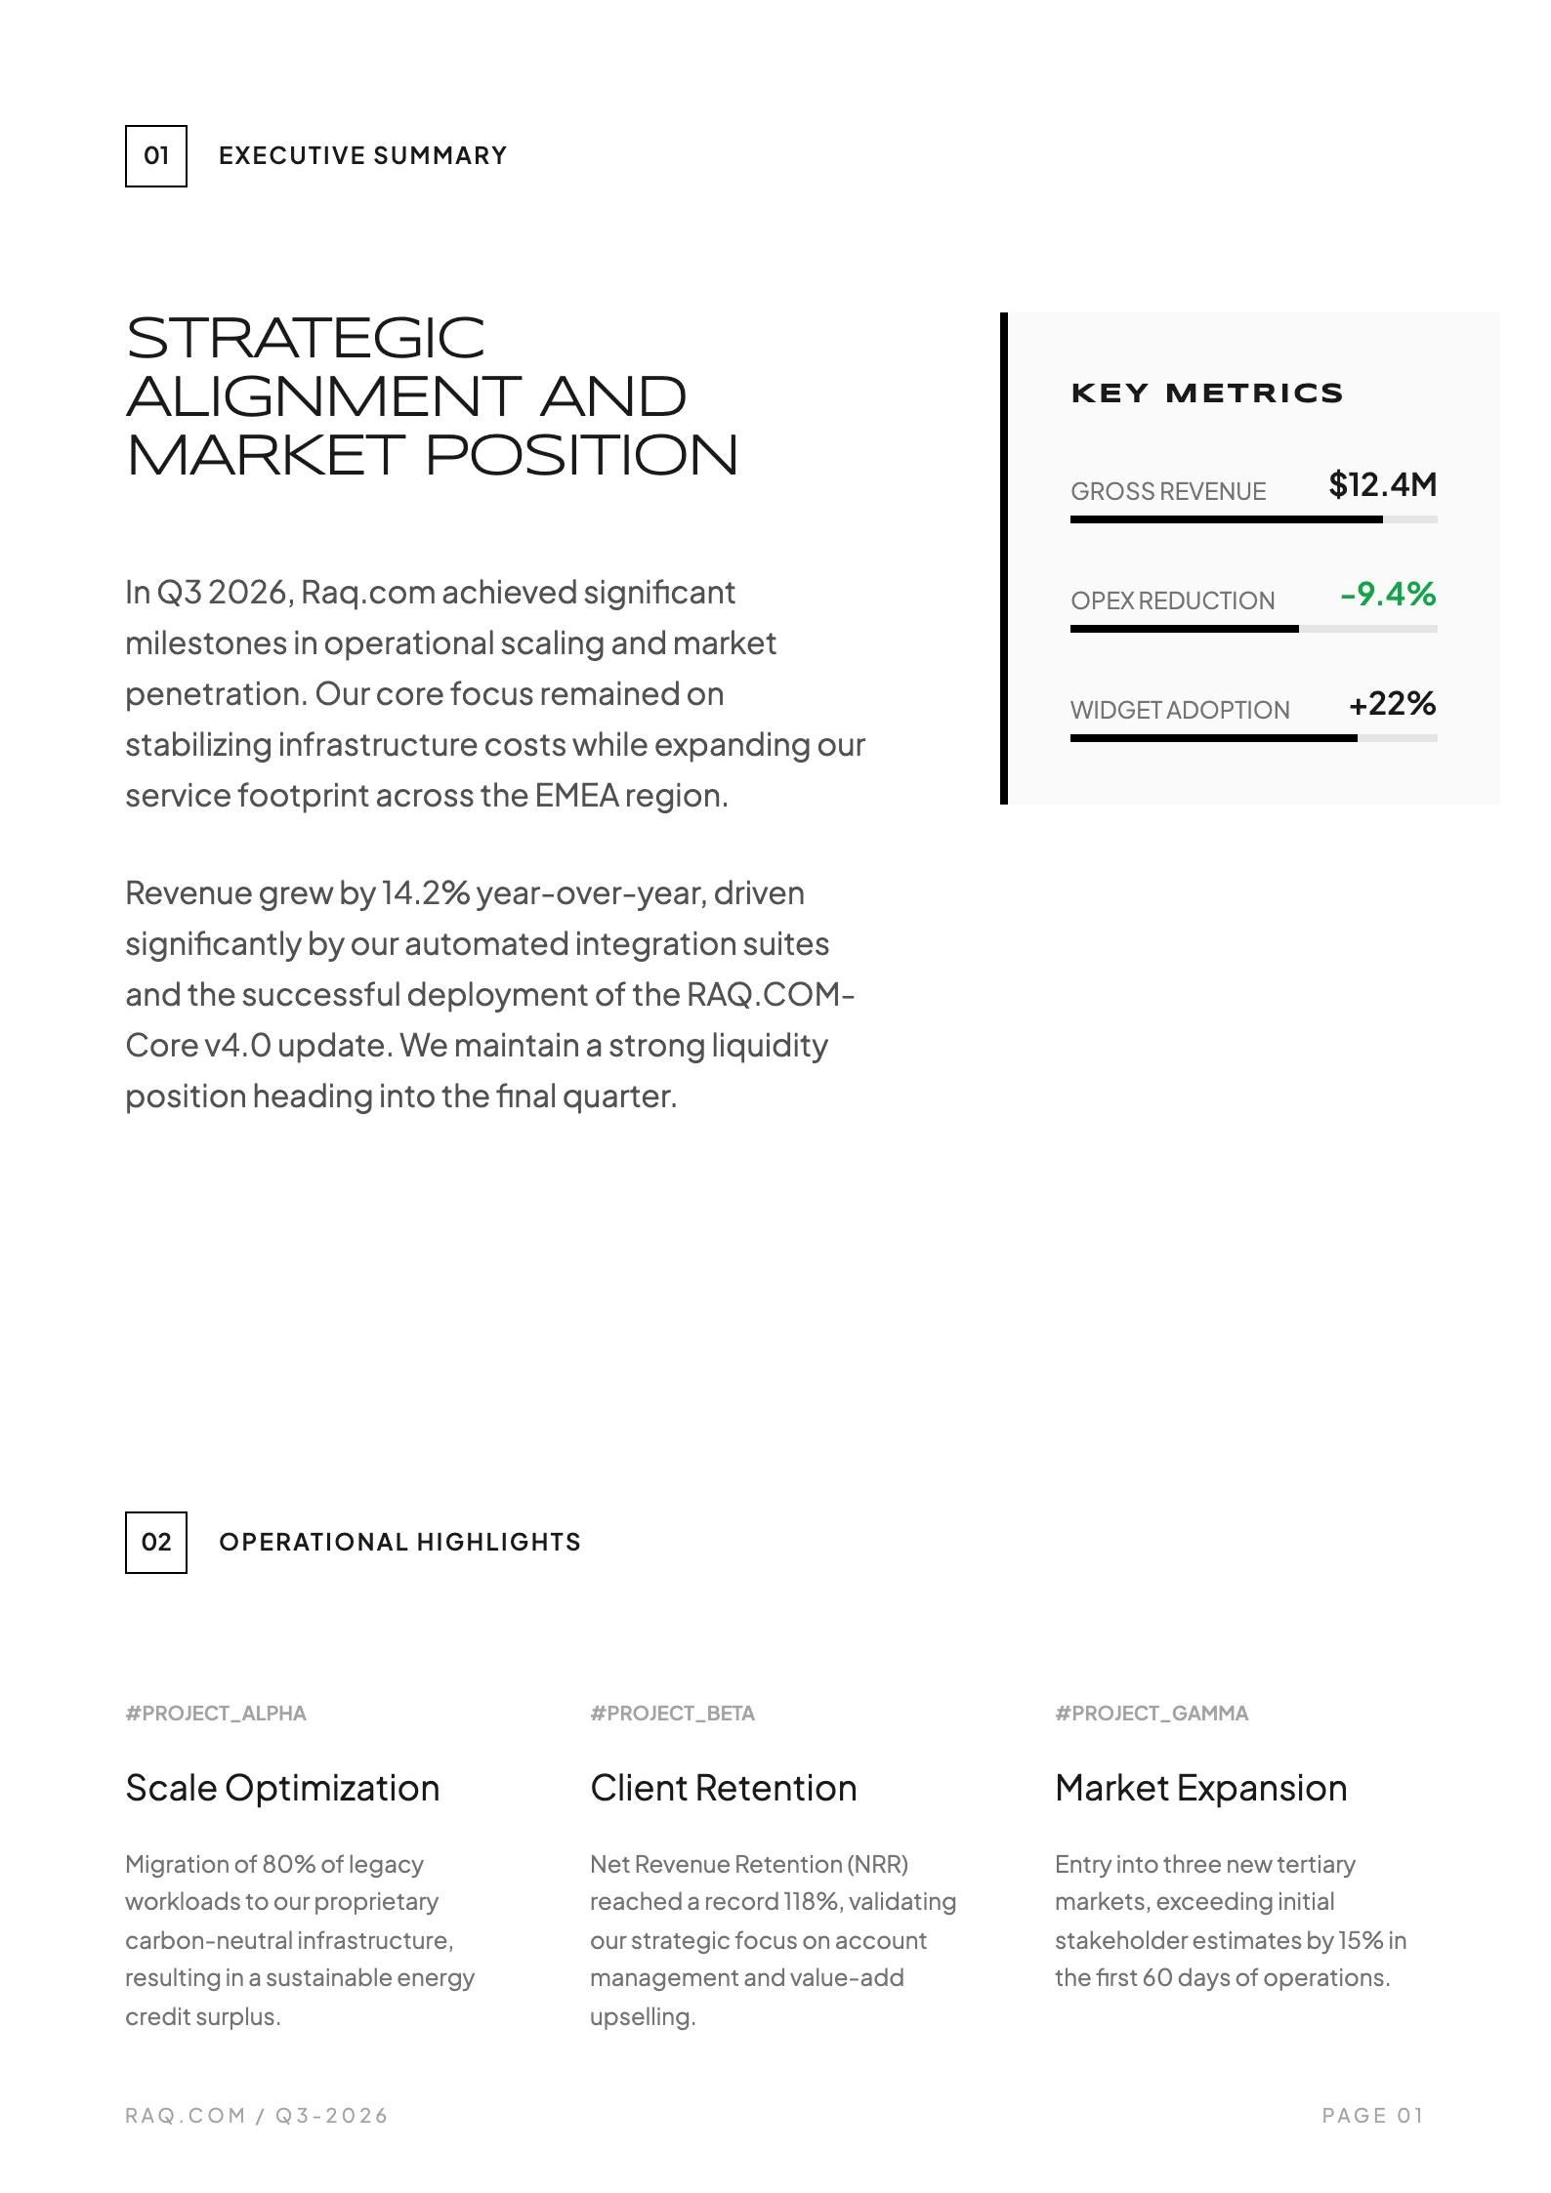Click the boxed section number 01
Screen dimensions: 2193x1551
(x=156, y=156)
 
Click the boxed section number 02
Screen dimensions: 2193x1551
(x=156, y=1542)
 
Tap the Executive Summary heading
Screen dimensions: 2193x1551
(x=362, y=156)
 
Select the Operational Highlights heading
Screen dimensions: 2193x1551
(x=399, y=1542)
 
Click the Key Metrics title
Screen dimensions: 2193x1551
(x=1206, y=393)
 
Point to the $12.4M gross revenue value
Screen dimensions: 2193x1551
(x=1382, y=484)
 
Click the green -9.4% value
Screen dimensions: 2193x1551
(x=1388, y=594)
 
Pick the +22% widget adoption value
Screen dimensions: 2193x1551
(x=1392, y=703)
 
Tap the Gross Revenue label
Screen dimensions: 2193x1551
(x=1168, y=491)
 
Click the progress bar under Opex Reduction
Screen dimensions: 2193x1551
(x=1253, y=629)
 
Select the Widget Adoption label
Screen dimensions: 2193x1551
(x=1180, y=710)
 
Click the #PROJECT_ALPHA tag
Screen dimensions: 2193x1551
(x=216, y=1714)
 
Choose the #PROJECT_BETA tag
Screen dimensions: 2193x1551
(x=672, y=1714)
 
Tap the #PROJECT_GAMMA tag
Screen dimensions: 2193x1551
(x=1152, y=1714)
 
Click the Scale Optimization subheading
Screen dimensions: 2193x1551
(x=282, y=1788)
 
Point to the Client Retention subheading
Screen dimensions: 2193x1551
(x=723, y=1788)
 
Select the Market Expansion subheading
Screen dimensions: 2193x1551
(x=1200, y=1788)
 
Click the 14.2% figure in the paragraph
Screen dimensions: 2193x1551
(x=426, y=893)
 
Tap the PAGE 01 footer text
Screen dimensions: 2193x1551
(x=1372, y=2115)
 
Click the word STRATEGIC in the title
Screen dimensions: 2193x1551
(x=306, y=339)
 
